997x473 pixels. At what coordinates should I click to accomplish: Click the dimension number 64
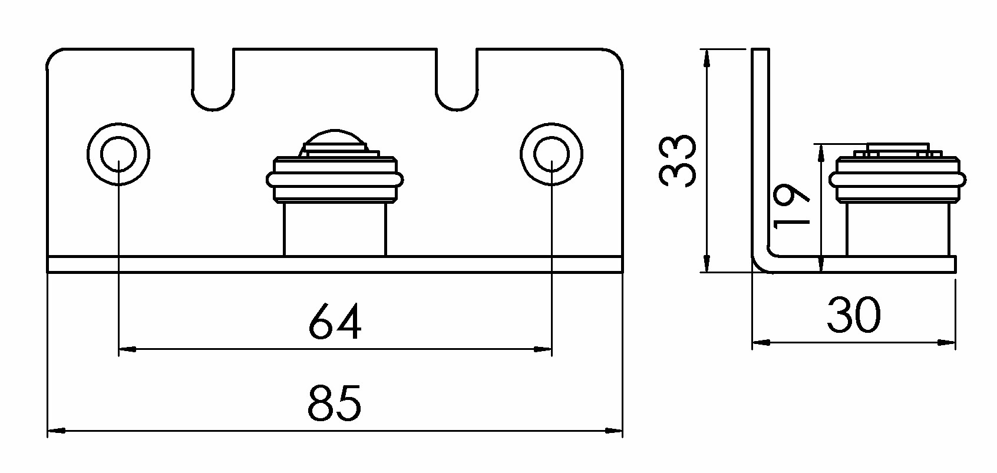335,321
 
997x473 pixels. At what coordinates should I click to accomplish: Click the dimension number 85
334,403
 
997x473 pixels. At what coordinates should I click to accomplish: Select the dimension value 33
677,161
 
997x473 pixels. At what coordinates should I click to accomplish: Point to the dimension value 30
854,315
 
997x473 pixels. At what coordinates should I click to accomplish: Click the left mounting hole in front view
118,154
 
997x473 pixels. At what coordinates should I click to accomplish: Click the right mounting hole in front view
552,154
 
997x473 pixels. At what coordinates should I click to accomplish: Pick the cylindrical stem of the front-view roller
335,230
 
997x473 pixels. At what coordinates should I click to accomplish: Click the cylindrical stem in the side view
898,230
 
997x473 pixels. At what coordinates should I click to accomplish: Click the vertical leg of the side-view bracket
761,151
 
